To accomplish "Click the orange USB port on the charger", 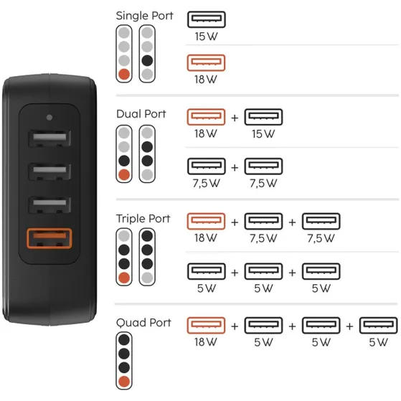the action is pos(49,238).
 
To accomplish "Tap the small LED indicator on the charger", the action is pos(49,118).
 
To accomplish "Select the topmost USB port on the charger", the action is pos(49,138).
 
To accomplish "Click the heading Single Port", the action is pos(144,16).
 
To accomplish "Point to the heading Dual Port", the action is pos(141,114).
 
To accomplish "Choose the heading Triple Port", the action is pos(143,219).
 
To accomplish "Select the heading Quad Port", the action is pos(143,323).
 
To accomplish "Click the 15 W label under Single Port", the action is pos(206,37).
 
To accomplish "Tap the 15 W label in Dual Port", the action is pos(263,133).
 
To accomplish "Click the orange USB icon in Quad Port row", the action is pos(206,325).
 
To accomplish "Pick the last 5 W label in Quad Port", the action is pos(379,342).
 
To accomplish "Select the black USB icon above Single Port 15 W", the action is pos(207,19).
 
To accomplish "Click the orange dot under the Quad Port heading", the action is pos(124,382).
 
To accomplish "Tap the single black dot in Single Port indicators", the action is pos(147,60).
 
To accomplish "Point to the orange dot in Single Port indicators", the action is pos(124,74).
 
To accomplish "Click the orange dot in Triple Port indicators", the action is pos(124,278).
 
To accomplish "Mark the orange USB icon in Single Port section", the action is pos(206,62).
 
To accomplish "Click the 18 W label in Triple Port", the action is pos(206,238).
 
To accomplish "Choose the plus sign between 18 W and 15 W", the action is pos(235,118).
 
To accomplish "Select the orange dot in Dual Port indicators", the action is pos(124,174).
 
